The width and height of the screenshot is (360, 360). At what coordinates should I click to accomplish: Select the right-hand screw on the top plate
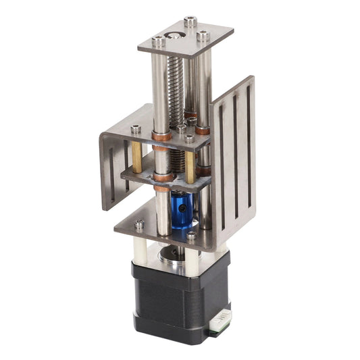pos(203,35)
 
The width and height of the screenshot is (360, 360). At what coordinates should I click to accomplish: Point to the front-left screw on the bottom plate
pos(139,225)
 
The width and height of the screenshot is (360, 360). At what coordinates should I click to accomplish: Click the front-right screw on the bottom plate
pos(191,236)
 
